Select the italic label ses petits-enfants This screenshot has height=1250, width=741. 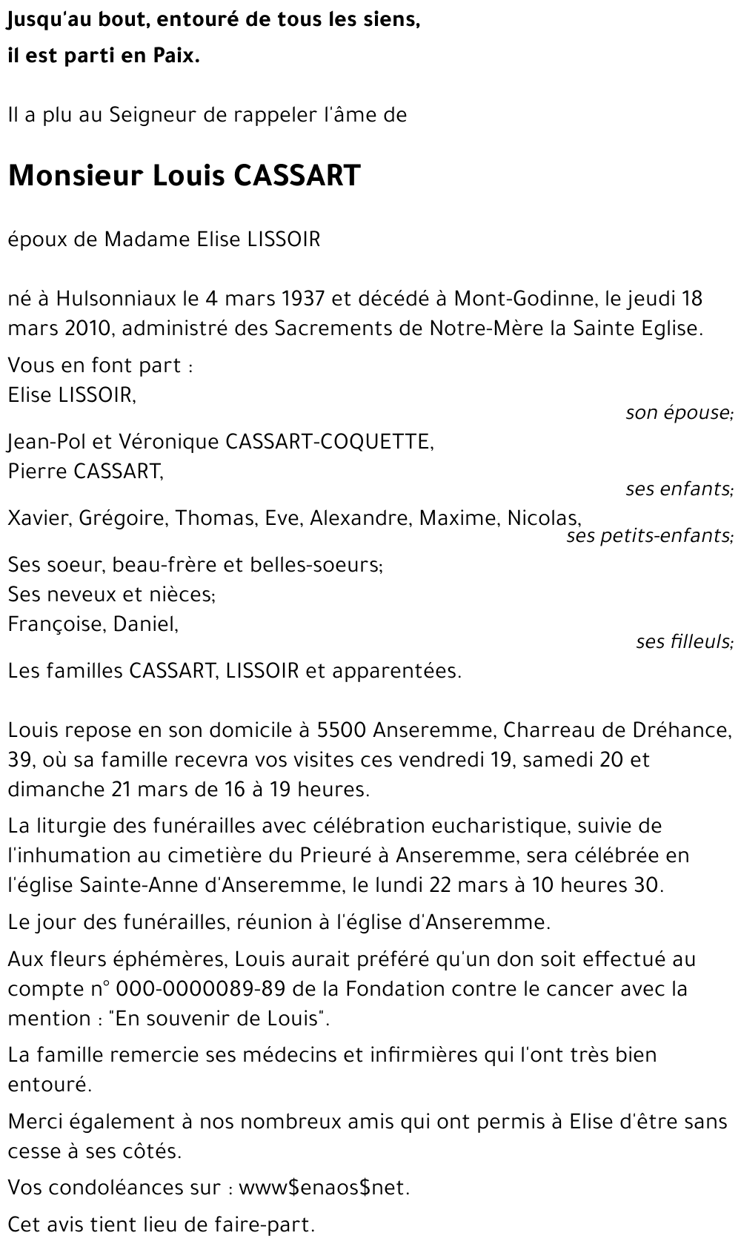pos(649,535)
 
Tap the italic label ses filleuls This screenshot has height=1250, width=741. pos(684,641)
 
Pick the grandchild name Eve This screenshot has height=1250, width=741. pos(282,518)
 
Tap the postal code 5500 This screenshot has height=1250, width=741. pos(342,730)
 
